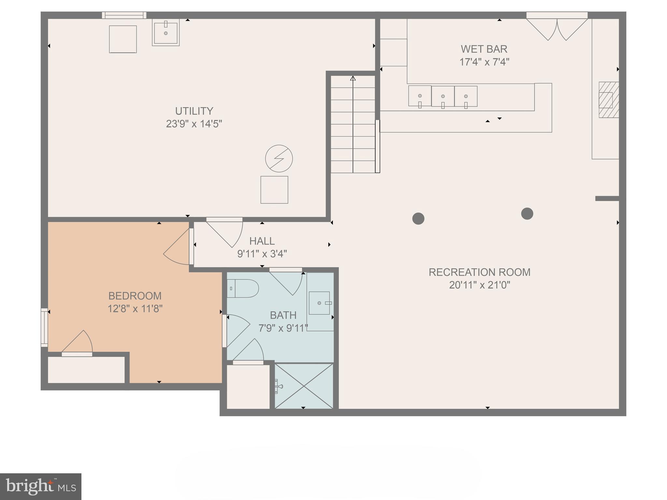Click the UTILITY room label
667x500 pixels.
194,111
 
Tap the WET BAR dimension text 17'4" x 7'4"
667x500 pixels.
484,62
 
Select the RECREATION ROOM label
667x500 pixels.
479,272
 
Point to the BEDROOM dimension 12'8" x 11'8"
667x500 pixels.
135,309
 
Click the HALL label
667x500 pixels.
262,241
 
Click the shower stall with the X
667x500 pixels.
304,386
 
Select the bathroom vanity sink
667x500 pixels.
319,303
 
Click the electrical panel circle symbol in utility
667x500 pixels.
279,159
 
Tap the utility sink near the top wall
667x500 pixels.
166,33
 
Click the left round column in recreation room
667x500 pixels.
418,218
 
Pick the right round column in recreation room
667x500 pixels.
527,214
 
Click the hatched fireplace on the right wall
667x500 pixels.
608,100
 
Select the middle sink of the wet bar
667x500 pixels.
443,97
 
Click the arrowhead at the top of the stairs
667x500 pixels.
353,78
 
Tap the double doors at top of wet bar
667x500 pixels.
557,29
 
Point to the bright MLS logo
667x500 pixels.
40,486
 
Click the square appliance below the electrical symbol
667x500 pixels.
274,190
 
